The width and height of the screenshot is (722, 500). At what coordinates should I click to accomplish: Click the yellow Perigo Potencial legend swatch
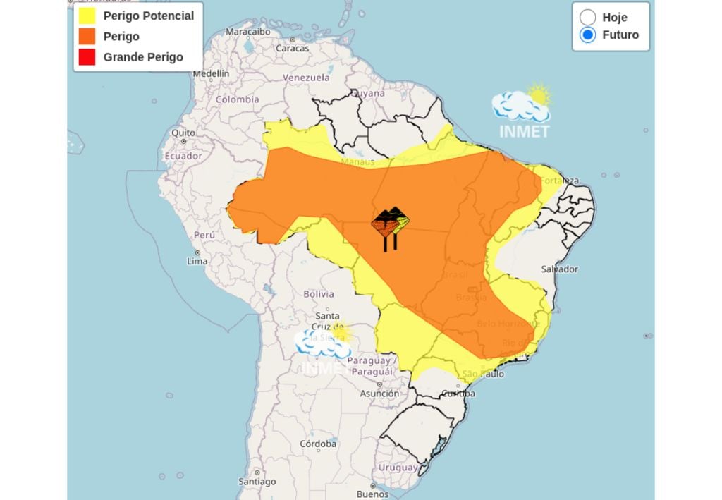coord(87,16)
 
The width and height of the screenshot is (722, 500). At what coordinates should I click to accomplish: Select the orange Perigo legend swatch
coord(87,37)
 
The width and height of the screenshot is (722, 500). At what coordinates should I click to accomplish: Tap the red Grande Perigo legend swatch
coord(87,57)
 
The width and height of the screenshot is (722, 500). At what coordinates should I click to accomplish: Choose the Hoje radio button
coord(587,17)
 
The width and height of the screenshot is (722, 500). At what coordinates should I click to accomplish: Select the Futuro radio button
coord(587,35)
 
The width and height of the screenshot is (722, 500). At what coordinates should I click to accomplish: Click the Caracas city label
coord(292,48)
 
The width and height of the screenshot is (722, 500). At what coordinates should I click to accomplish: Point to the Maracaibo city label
coord(247,32)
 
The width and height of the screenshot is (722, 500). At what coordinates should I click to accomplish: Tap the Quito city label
coord(183,133)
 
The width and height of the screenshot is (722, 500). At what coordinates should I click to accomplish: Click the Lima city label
coord(197,261)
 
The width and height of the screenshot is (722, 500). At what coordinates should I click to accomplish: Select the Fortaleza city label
coord(560,181)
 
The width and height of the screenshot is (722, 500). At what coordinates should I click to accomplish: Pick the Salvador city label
coord(559,269)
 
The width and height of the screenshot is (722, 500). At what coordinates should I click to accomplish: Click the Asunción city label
coord(379,394)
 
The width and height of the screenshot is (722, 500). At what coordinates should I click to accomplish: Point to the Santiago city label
coord(257,482)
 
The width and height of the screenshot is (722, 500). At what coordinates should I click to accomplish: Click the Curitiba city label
coord(458,394)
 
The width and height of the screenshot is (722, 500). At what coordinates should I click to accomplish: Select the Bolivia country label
coord(318,293)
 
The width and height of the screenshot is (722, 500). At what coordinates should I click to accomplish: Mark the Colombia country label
coord(237,99)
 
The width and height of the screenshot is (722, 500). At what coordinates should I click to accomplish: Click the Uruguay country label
coord(398,468)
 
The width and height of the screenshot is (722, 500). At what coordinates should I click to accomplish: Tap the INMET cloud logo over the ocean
coord(522,113)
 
